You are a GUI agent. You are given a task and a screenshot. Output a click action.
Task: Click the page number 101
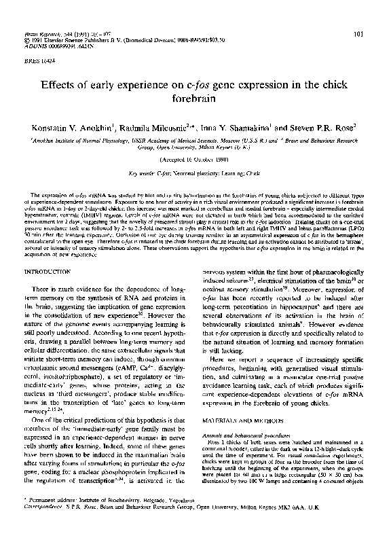pos(369,34)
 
